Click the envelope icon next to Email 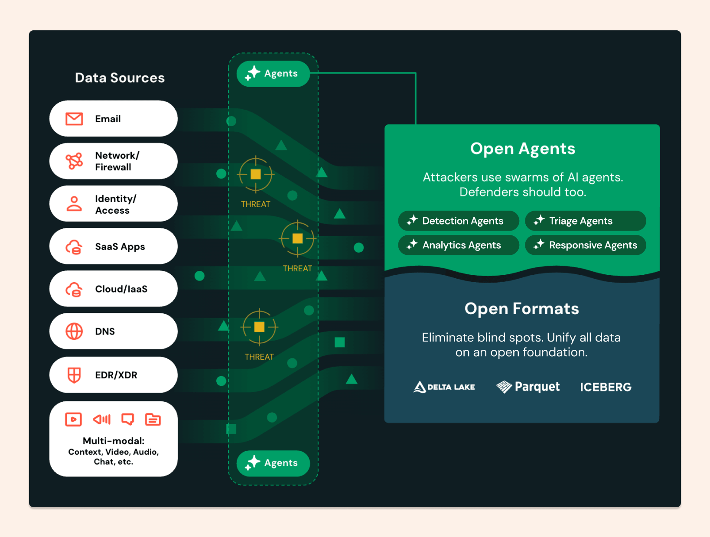pos(74,119)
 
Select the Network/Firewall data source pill pos(113,161)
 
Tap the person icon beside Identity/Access pos(74,204)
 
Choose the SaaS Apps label pos(120,247)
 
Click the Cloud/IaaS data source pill pos(113,289)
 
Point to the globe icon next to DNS pos(74,332)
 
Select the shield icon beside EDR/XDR pos(74,375)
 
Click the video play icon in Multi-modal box pos(73,420)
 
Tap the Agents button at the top pos(273,74)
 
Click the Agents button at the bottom pos(273,463)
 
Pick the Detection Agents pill pos(458,221)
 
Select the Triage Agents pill pos(585,221)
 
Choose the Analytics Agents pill pos(458,245)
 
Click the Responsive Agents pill pos(585,245)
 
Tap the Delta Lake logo pos(444,387)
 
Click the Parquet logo pos(528,387)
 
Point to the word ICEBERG pos(606,387)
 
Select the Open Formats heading pos(521,309)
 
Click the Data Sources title pos(120,78)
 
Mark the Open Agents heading pos(523,149)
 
